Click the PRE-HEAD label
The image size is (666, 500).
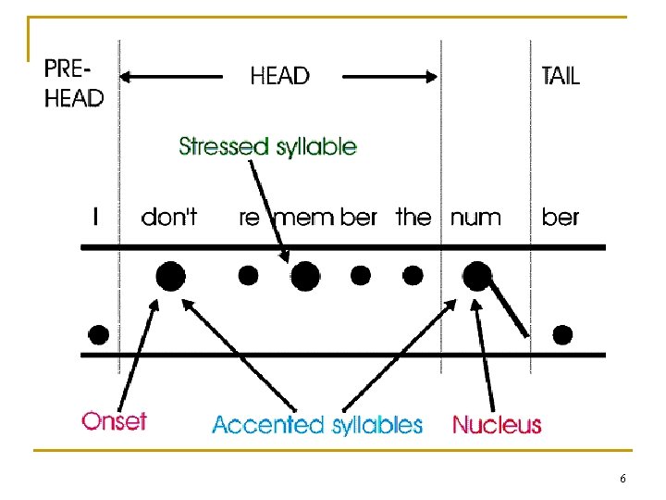click(x=74, y=83)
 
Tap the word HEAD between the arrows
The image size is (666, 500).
click(x=279, y=76)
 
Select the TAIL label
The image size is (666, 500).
click(x=561, y=76)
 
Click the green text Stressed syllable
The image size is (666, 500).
click(x=267, y=146)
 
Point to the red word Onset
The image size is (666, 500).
click(x=115, y=421)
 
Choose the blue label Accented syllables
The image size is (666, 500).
click(x=317, y=425)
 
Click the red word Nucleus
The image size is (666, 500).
click(x=497, y=425)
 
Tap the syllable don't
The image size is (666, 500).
click(x=168, y=218)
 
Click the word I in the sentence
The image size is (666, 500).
click(x=96, y=218)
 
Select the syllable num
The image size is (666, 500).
click(x=475, y=219)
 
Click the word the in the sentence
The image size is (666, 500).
click(x=413, y=218)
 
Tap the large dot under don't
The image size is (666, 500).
click(x=170, y=275)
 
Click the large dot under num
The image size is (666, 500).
click(x=477, y=275)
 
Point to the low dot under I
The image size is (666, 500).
click(x=98, y=334)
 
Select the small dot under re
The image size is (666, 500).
click(x=248, y=275)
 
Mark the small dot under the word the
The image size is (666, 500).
click(x=413, y=275)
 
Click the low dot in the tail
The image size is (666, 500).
click(x=561, y=334)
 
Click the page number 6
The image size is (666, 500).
click(x=623, y=479)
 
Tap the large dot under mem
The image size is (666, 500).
click(x=306, y=275)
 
